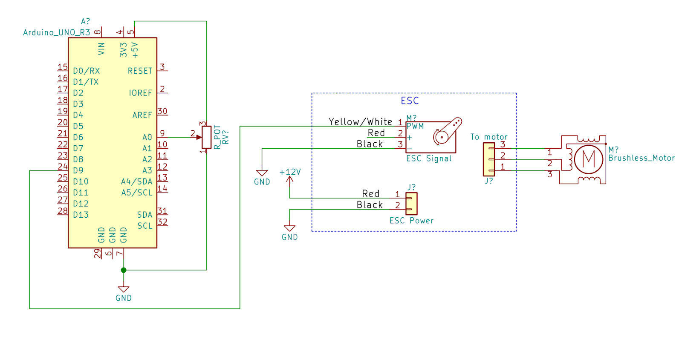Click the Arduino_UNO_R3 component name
point(56,32)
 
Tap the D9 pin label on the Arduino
point(78,170)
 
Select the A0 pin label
point(147,137)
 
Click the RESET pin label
point(140,71)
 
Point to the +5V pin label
point(135,50)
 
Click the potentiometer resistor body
point(207,137)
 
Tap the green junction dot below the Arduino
point(124,270)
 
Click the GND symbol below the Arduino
point(124,290)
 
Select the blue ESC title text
point(410,101)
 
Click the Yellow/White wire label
point(360,122)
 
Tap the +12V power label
point(290,172)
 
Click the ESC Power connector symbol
point(411,204)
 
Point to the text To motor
point(488,137)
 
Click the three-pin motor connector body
point(488,159)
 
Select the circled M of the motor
point(588,159)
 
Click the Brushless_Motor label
point(641,158)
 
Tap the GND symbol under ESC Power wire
point(289,229)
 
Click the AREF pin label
point(142,115)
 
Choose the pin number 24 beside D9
point(63,166)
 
